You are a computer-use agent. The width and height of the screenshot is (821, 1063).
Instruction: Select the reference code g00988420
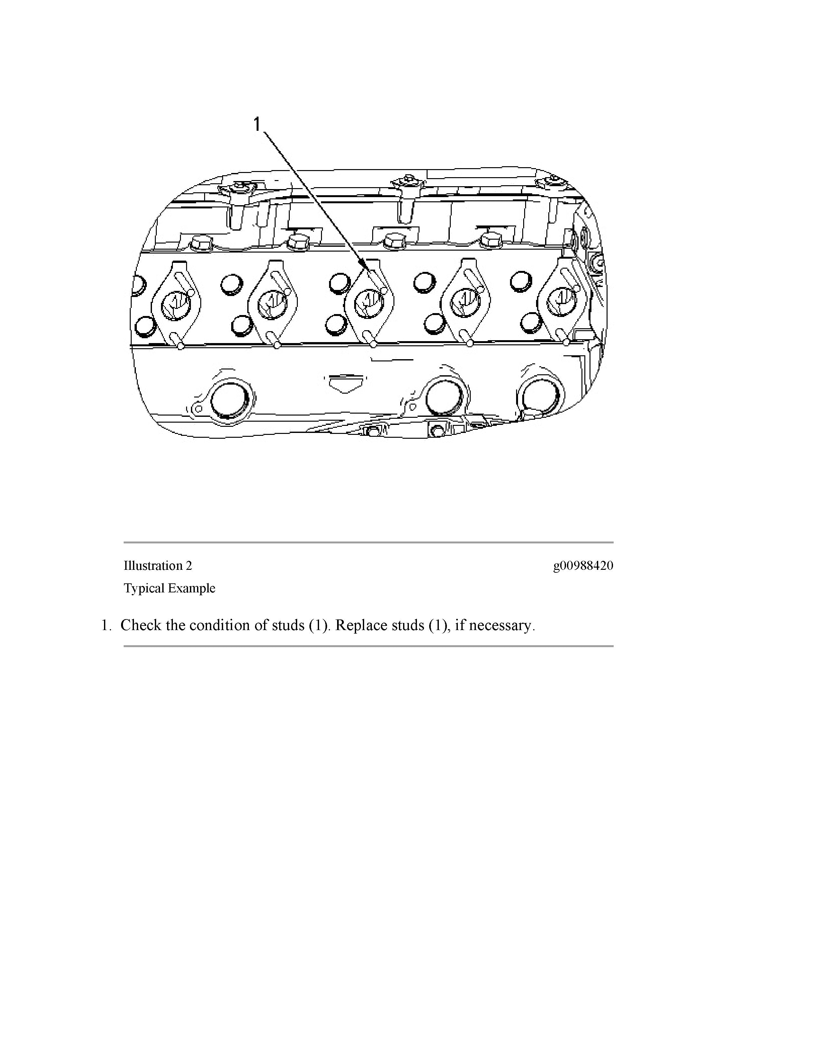point(583,566)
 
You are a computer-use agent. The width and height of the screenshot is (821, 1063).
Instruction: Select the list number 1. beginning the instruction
point(106,626)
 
